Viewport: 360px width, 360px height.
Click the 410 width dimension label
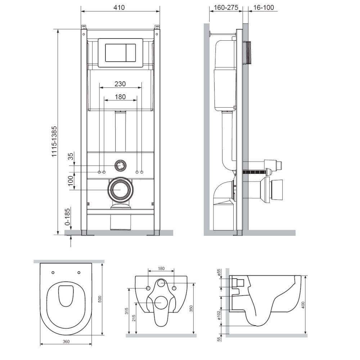(119, 7)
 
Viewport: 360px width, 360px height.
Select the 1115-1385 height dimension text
(54, 141)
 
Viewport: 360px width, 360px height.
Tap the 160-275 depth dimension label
(226, 8)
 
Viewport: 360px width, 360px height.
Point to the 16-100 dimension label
(264, 8)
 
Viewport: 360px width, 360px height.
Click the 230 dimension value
(120, 84)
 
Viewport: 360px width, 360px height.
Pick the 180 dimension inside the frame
(120, 96)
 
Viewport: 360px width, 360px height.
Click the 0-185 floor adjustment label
(68, 216)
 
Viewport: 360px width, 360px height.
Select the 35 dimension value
(71, 156)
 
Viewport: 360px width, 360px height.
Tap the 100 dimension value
(71, 181)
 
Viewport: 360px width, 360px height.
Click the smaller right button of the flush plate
(130, 52)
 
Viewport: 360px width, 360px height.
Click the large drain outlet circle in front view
(120, 190)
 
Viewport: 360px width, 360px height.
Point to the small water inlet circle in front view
(120, 165)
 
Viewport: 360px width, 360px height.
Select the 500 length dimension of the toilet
(100, 299)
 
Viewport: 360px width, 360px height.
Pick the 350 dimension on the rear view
(191, 309)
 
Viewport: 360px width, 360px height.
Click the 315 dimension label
(127, 311)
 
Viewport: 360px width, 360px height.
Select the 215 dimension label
(134, 318)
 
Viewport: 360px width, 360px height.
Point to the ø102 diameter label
(219, 315)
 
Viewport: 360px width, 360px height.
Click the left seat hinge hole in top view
(53, 273)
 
